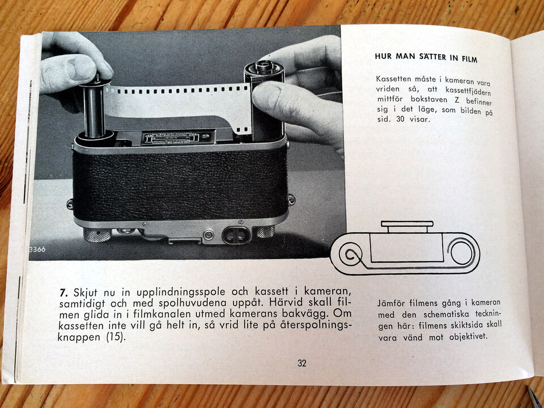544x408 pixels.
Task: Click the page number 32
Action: pyautogui.click(x=302, y=363)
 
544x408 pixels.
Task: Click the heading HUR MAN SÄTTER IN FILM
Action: pyautogui.click(x=426, y=57)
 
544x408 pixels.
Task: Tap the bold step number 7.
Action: pyautogui.click(x=63, y=292)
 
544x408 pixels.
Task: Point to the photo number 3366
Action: pyautogui.click(x=37, y=249)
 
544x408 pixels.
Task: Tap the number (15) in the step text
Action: pyautogui.click(x=115, y=337)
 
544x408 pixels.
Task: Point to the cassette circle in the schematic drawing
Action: pyautogui.click(x=461, y=252)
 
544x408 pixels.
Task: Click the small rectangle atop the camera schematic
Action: pyautogui.click(x=407, y=224)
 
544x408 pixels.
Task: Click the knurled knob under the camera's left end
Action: pyautogui.click(x=97, y=235)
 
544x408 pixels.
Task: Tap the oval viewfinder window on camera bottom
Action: pyautogui.click(x=237, y=235)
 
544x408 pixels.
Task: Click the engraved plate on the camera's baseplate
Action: pyautogui.click(x=172, y=138)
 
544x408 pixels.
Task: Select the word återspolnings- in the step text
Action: pyautogui.click(x=316, y=326)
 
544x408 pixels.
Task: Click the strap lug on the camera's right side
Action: pyautogui.click(x=291, y=199)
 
